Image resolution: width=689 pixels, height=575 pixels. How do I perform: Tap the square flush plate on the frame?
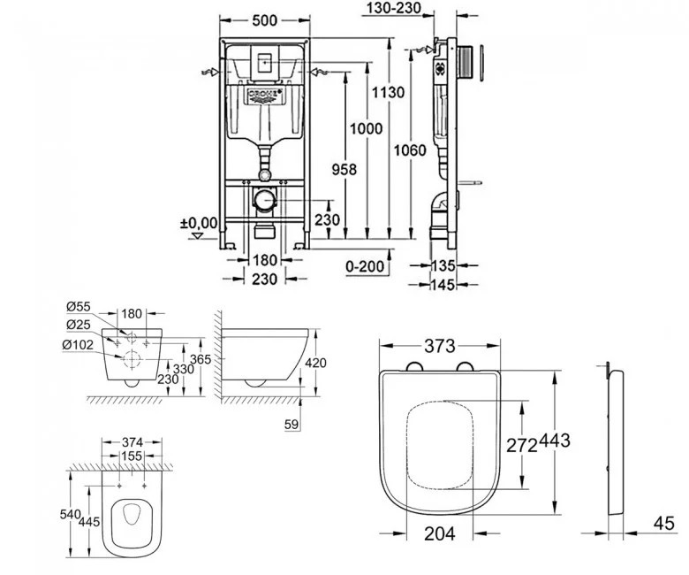coord(265,62)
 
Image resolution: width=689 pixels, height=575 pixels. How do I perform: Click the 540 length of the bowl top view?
coord(70,514)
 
